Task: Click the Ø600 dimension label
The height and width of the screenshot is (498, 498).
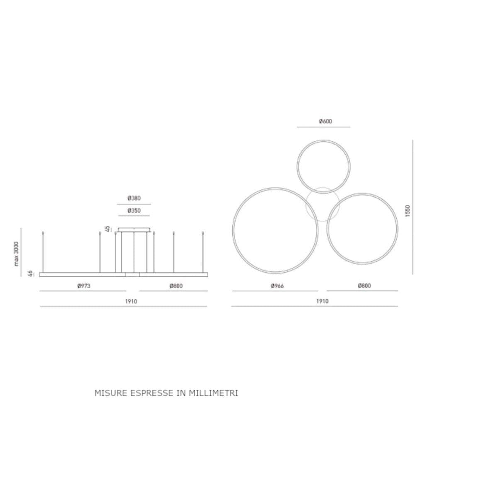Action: (x=325, y=121)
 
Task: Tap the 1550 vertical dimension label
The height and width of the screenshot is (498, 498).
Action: (x=408, y=211)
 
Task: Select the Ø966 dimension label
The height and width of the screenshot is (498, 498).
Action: (x=277, y=286)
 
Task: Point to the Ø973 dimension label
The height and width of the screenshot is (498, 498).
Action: (x=84, y=286)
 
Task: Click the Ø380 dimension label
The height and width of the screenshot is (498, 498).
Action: (x=134, y=198)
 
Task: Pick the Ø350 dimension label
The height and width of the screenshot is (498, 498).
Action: (x=134, y=211)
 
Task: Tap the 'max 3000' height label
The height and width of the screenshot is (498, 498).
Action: (x=17, y=254)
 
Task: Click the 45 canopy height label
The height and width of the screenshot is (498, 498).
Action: (x=107, y=229)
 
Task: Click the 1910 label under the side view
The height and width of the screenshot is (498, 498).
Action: (x=131, y=301)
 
